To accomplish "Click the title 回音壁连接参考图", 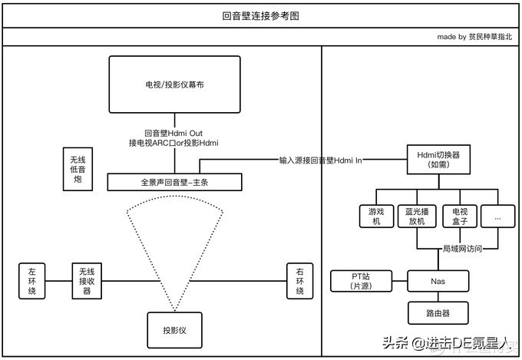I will [x=260, y=15].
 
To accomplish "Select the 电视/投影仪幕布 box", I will [x=174, y=85].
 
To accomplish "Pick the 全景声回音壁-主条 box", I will [x=174, y=183].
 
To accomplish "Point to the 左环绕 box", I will [x=32, y=281].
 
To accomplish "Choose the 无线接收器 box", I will [x=87, y=281].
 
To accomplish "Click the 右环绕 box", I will [x=300, y=281].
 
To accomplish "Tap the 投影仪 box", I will [x=173, y=330].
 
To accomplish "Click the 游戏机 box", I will [x=376, y=216].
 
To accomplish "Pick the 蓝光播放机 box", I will [x=418, y=216].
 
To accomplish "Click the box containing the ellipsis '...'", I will [x=499, y=216].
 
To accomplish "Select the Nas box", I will [x=438, y=281].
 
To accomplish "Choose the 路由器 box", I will [x=438, y=313].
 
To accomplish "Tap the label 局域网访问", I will [x=463, y=249].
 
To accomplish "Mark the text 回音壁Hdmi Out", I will [x=173, y=133].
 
